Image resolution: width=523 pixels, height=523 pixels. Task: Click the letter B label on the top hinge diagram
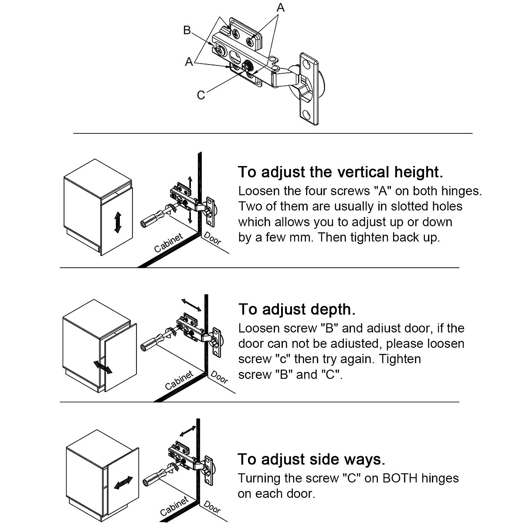(187, 31)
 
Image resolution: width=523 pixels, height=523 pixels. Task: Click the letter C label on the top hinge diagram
(201, 95)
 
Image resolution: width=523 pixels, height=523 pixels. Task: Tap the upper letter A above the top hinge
(281, 7)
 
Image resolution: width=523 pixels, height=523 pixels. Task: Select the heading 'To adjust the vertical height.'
(340, 172)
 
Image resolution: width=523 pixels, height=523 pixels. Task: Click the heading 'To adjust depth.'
(297, 309)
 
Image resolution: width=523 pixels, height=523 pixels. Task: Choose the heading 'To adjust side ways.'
(311, 459)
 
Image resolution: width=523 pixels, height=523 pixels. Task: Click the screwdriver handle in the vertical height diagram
(149, 221)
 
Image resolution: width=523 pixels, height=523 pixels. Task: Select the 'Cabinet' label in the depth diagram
(179, 380)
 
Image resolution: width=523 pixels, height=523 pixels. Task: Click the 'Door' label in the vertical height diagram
(213, 239)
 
